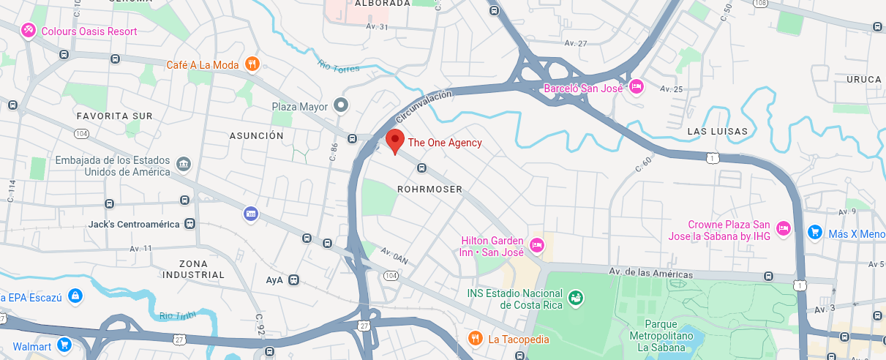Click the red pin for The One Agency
click(x=395, y=140)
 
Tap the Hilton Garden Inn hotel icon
click(x=536, y=245)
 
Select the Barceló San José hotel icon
click(x=636, y=87)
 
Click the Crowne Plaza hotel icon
click(x=783, y=228)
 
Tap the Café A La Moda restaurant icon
click(x=252, y=64)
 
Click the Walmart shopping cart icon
click(x=64, y=345)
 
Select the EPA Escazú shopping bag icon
click(x=74, y=296)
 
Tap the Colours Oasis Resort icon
click(x=28, y=31)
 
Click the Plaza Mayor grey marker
click(x=340, y=106)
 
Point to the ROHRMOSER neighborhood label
click(x=429, y=189)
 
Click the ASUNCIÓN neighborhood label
click(x=256, y=135)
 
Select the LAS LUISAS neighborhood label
click(x=718, y=131)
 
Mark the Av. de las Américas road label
click(x=651, y=273)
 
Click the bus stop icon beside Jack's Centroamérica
click(x=189, y=223)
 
